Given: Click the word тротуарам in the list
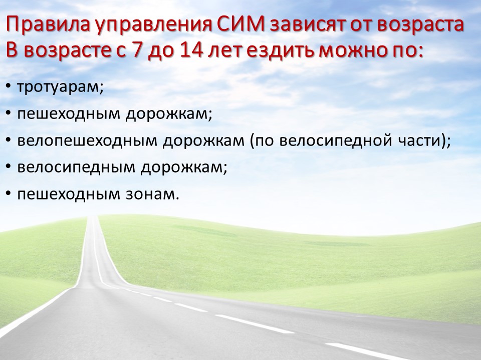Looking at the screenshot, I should [59, 87].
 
